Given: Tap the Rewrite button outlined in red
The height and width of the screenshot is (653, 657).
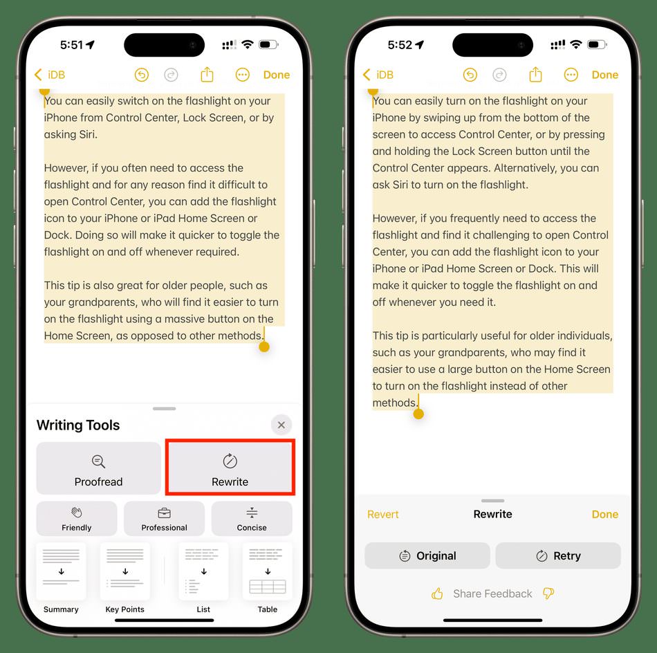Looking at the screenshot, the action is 230,468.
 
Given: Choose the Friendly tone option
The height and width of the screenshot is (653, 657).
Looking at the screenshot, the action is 77,519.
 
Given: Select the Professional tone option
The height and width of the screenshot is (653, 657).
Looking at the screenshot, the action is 165,519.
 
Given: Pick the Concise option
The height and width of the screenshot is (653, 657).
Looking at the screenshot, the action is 252,519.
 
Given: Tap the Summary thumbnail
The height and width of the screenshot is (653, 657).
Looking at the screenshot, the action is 61,571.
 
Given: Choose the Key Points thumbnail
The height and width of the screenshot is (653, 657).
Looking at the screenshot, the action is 125,571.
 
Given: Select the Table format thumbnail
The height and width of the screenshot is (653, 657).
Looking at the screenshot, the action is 268,571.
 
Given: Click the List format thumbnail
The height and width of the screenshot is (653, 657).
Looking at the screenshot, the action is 203,571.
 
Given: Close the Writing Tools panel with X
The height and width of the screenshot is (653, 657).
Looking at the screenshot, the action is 281,425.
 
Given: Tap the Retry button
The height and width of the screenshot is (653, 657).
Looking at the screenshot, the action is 558,555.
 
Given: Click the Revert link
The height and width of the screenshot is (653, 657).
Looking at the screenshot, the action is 383,514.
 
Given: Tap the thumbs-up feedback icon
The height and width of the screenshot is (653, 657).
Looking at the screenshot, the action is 437,594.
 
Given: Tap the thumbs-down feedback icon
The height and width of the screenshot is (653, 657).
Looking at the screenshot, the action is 548,594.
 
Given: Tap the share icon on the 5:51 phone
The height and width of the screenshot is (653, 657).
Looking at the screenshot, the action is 207,75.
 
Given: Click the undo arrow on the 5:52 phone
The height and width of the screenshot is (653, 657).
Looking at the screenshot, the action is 470,75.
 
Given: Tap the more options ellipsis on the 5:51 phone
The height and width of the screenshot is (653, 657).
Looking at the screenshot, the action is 243,75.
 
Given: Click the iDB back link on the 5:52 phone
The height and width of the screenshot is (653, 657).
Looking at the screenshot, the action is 378,75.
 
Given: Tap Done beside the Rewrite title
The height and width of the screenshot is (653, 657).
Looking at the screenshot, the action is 605,514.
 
